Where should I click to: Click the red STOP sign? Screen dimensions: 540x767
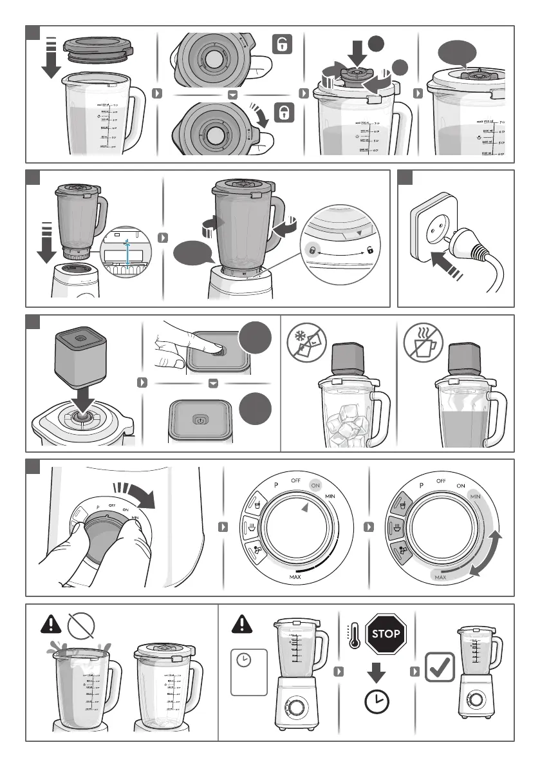pos(386,634)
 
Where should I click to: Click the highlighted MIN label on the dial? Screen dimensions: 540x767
pos(476,497)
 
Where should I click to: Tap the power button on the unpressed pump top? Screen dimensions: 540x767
pos(200,419)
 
